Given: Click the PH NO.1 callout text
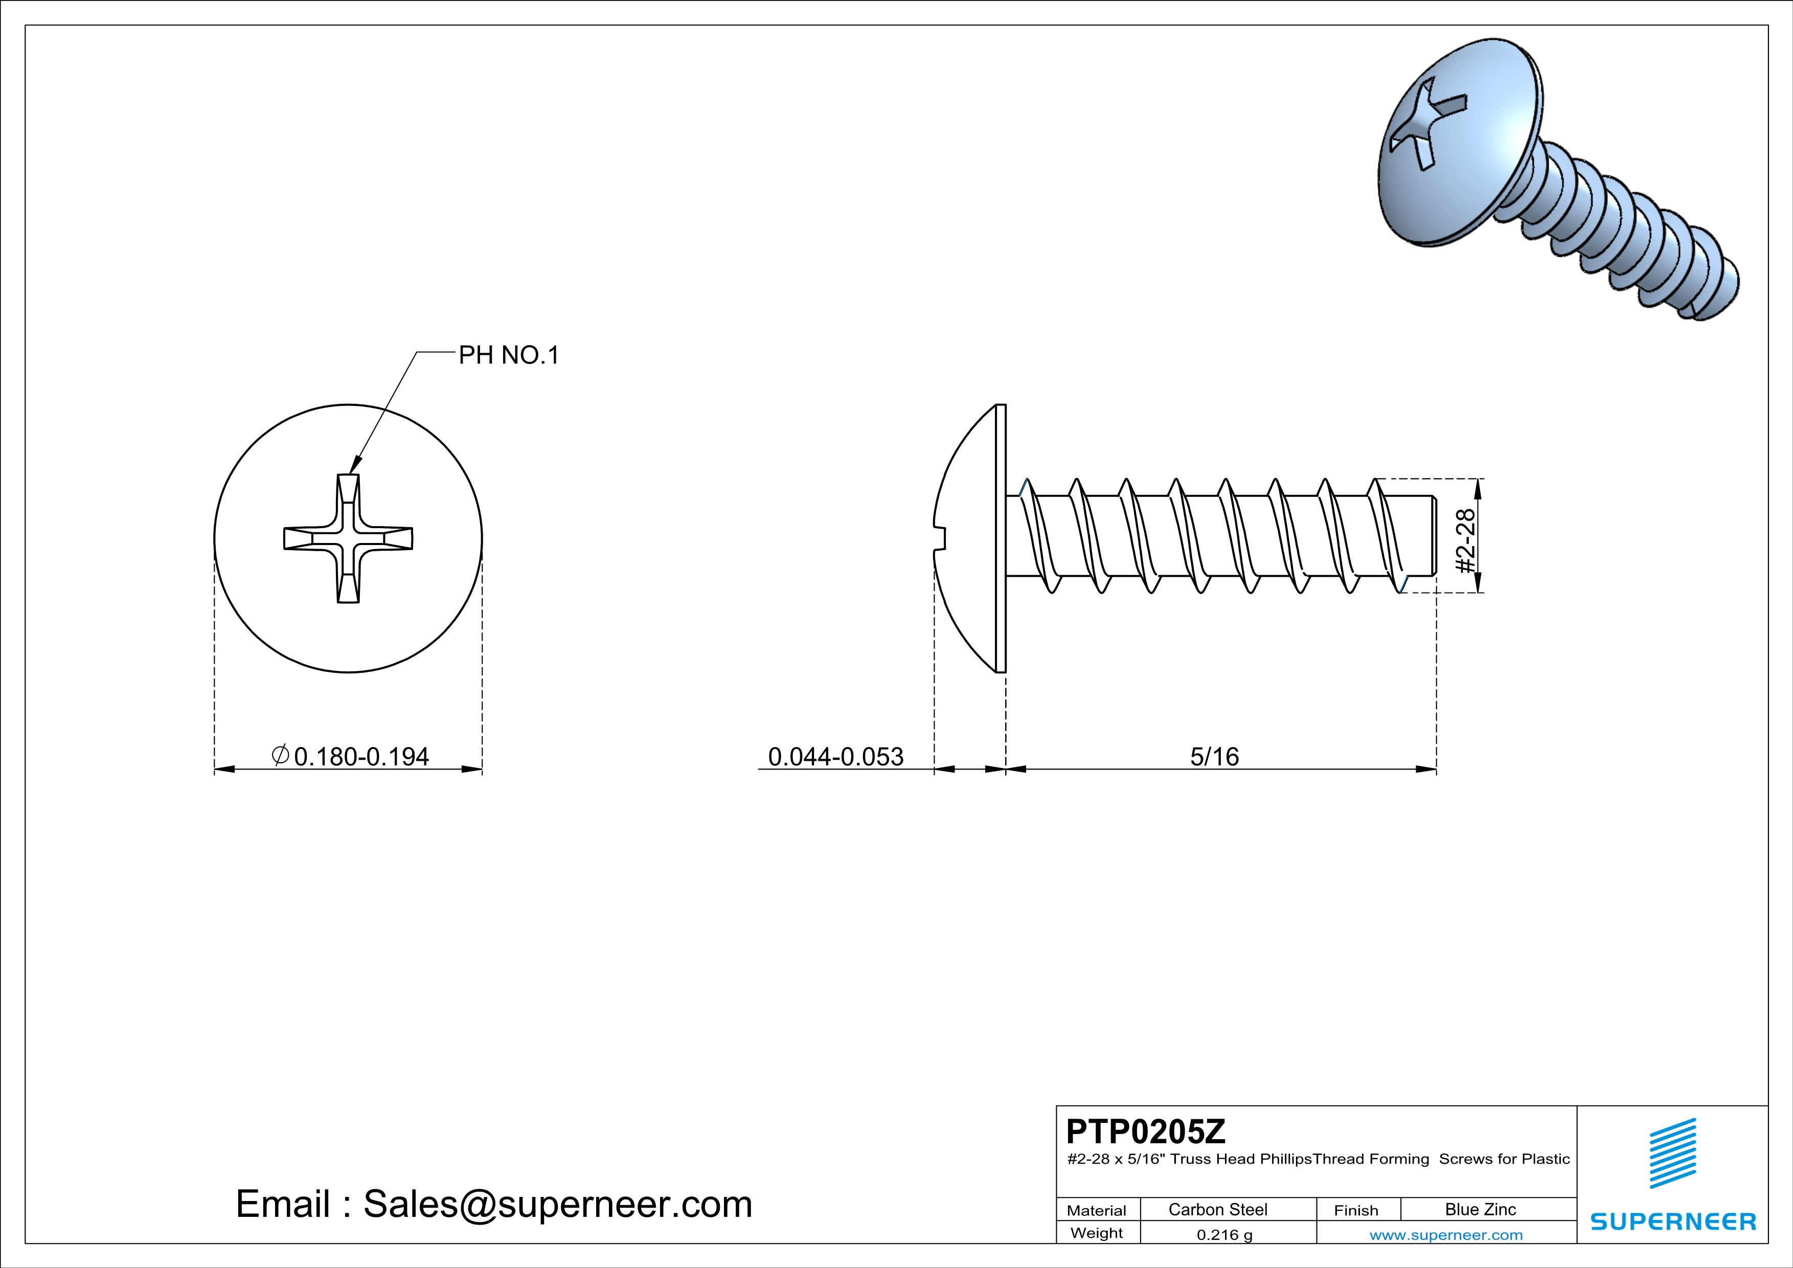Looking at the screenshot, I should pos(508,356).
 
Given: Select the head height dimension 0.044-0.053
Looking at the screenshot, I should pos(835,757).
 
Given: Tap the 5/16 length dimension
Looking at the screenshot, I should pos(1214,757).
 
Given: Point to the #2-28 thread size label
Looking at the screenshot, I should pos(1466,540).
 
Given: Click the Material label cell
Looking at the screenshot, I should pos(1097,1210).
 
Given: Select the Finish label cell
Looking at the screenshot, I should pos(1356,1210).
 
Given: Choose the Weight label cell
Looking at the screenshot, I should pos(1097,1233).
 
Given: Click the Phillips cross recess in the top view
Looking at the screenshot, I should pos(348,539).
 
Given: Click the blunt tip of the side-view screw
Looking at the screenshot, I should pos(1433,536).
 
